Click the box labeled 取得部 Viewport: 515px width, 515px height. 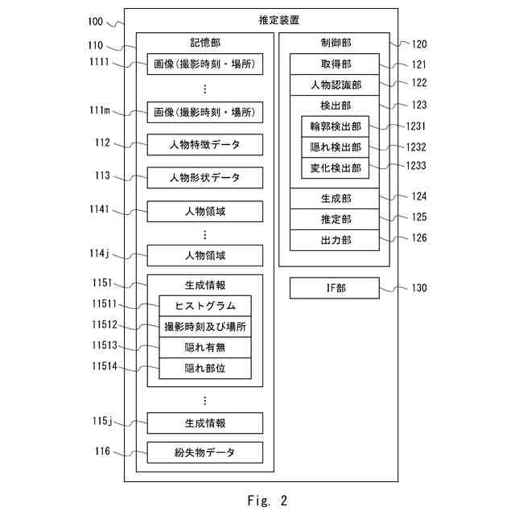334,64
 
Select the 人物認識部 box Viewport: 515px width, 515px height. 334,84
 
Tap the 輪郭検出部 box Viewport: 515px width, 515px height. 334,127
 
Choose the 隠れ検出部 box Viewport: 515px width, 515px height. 334,147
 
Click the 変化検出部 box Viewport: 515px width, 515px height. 334,168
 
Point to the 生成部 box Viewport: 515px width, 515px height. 334,198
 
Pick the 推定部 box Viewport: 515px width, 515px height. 334,219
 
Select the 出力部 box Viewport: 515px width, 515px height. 334,240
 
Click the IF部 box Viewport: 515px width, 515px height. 334,288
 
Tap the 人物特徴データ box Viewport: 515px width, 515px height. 205,145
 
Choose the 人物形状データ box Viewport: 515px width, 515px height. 205,177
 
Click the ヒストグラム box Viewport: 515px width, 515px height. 205,306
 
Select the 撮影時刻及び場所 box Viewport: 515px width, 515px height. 205,327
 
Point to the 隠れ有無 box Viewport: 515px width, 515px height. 205,348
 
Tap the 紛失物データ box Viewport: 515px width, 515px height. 205,452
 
